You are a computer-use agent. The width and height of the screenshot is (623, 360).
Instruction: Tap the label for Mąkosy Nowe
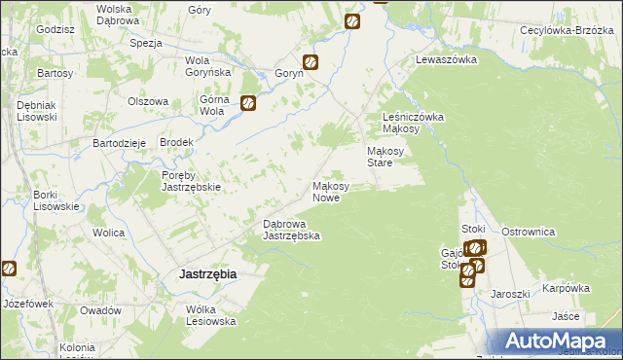pyautogui.click(x=338, y=192)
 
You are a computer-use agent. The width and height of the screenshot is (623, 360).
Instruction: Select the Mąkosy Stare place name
pyautogui.click(x=393, y=157)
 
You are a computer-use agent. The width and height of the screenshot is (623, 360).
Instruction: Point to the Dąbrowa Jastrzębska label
pyautogui.click(x=292, y=230)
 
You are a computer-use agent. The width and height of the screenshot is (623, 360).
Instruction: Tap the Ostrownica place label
pyautogui.click(x=528, y=232)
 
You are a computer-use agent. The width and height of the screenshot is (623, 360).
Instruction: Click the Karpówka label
pyautogui.click(x=567, y=288)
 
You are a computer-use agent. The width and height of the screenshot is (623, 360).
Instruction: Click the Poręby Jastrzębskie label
pyautogui.click(x=193, y=181)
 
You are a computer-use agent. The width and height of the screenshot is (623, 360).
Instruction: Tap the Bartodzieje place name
pyautogui.click(x=119, y=142)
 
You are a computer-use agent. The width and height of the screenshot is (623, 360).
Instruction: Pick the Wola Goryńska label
pyautogui.click(x=207, y=66)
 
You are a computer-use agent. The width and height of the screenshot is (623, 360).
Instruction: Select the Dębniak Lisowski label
pyautogui.click(x=38, y=111)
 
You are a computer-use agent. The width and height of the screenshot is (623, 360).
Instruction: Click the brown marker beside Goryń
pyautogui.click(x=311, y=62)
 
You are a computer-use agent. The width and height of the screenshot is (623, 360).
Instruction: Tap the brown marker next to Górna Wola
pyautogui.click(x=248, y=101)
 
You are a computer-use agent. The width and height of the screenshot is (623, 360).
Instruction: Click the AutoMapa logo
pyautogui.click(x=558, y=341)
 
